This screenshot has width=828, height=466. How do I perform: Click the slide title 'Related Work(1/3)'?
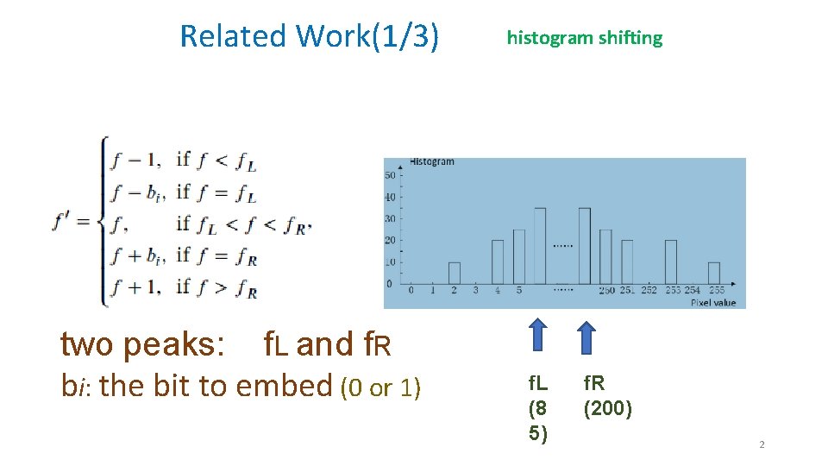coord(309,36)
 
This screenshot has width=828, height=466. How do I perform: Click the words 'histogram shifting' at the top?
coord(585,38)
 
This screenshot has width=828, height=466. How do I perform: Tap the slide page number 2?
coord(762,444)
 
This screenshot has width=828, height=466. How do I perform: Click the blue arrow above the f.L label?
coord(537,336)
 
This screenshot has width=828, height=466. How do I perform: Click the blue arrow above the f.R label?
coord(586,336)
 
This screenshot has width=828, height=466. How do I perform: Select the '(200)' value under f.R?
coord(607,409)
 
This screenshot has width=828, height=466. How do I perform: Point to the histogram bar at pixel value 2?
coord(454,273)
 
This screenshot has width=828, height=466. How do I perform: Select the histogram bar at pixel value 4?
coord(498,261)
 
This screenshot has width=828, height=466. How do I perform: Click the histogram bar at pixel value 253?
coord(670,261)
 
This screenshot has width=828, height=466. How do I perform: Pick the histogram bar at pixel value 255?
coord(713,273)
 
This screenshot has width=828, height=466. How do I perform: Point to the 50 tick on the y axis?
coord(389,175)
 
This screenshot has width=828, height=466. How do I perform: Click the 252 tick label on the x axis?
coord(649,291)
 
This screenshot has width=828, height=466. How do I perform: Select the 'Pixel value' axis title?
coord(712,303)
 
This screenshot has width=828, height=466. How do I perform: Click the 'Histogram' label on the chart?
coord(432,162)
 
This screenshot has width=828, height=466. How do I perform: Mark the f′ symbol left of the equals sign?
coord(63,223)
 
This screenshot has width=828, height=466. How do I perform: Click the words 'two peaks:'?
coord(143,344)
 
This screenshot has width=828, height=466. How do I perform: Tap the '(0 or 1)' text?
coord(381,389)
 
